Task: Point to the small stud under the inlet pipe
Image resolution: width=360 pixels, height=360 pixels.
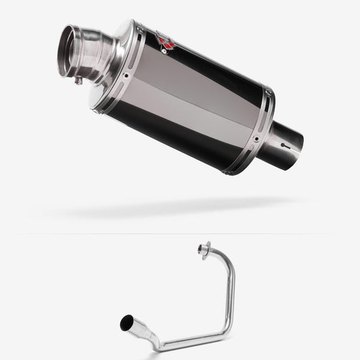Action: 79,81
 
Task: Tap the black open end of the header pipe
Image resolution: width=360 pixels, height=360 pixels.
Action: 126,324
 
